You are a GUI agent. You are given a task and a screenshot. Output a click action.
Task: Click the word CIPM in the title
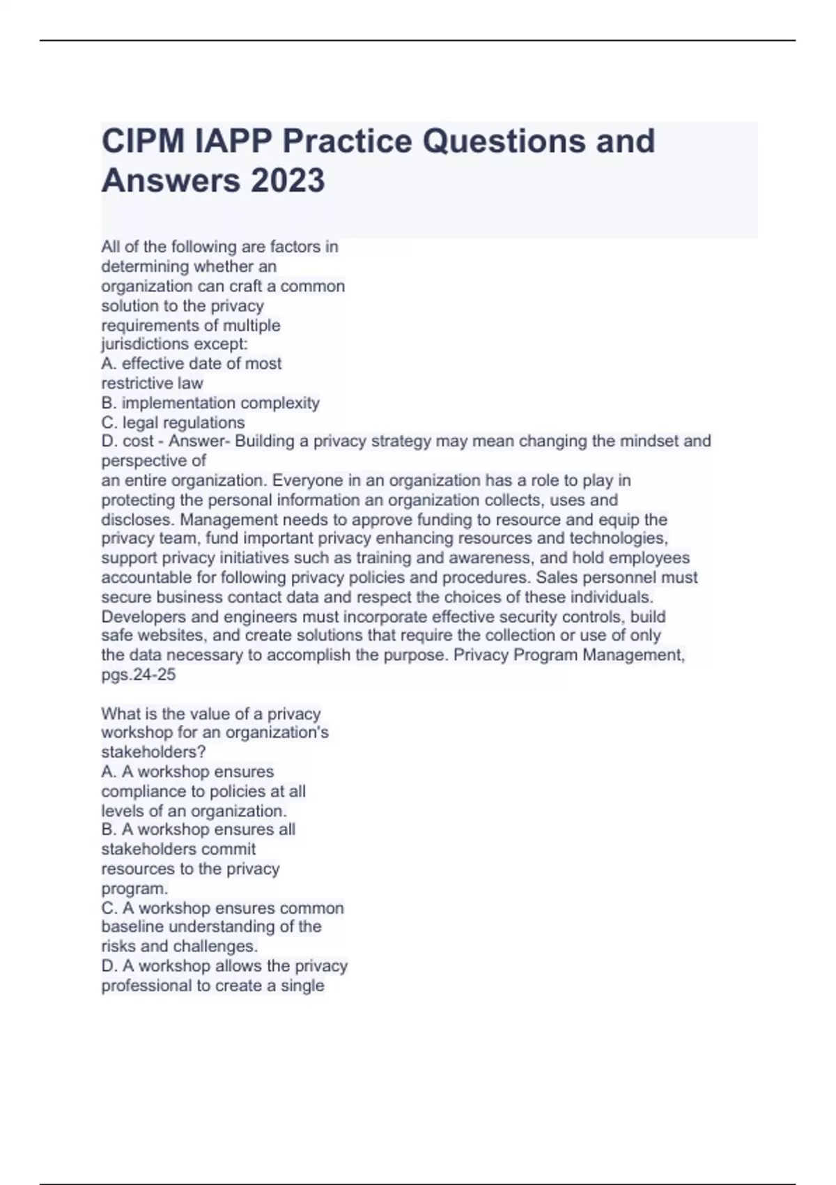(143, 142)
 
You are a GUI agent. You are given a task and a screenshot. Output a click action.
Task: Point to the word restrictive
(137, 383)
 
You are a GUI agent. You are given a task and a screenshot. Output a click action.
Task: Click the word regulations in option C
(208, 422)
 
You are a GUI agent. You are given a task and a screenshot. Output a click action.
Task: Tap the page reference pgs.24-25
(139, 675)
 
